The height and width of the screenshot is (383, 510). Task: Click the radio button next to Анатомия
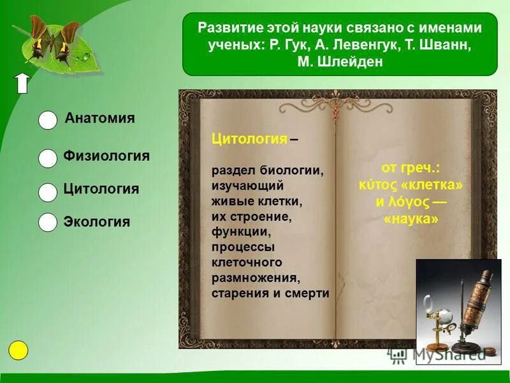point(48,120)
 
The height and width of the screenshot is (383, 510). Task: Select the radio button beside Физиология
point(48,158)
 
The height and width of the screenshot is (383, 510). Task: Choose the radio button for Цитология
point(48,192)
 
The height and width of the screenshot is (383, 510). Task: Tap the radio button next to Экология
point(48,222)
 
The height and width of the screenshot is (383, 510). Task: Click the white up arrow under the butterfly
point(22,83)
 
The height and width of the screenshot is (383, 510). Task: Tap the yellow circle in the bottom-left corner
point(19,350)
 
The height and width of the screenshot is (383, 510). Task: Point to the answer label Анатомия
point(99,118)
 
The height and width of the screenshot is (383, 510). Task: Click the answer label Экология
point(96,222)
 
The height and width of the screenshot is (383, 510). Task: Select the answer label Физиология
point(106,156)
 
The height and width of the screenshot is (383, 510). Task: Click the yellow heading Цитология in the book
point(249,139)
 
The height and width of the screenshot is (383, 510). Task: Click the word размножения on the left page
point(255,278)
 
